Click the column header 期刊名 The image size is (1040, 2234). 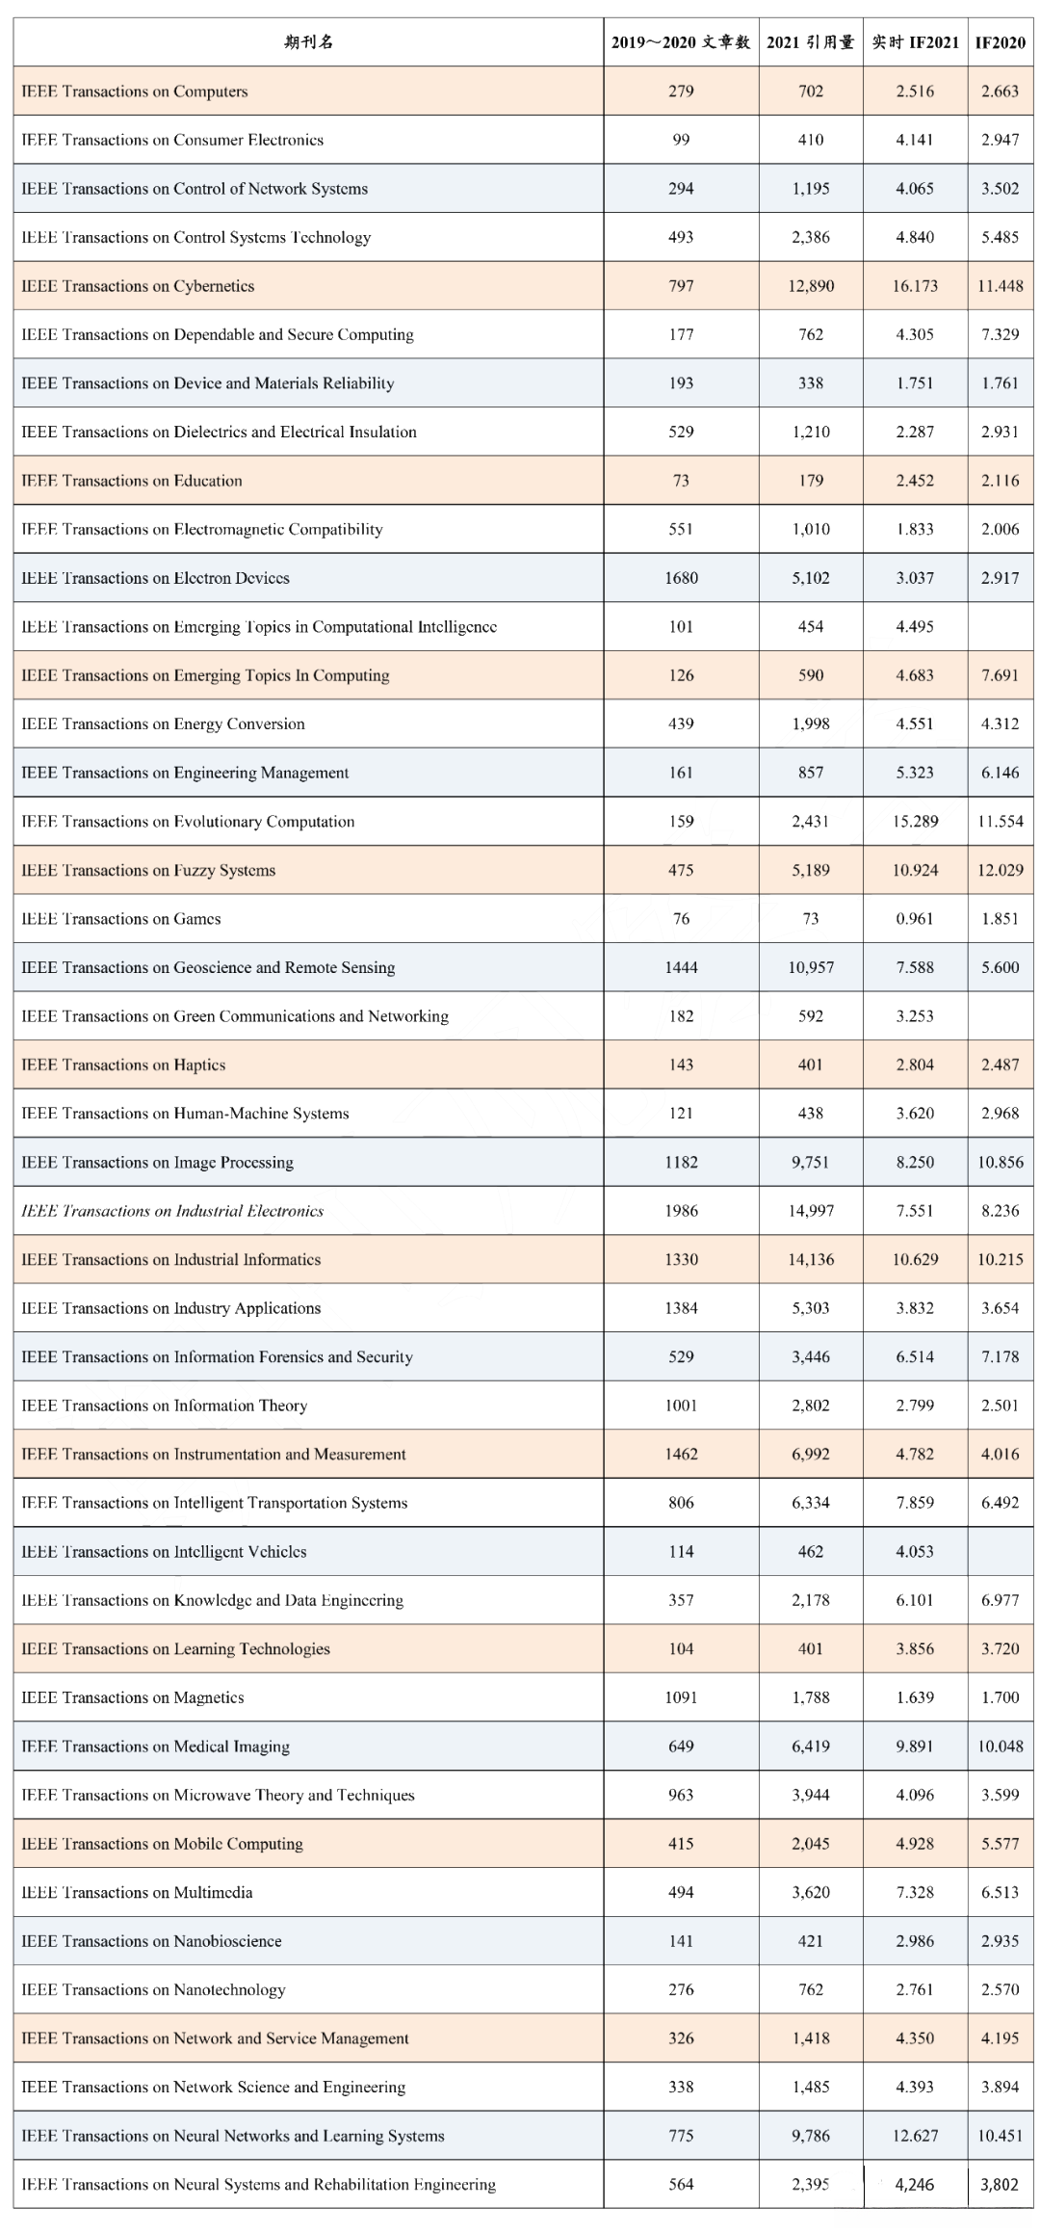[309, 42]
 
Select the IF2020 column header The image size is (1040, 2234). [1000, 42]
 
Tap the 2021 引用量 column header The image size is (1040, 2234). [810, 42]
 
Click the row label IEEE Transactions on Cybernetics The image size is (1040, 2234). [138, 286]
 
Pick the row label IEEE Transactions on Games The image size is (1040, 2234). [121, 919]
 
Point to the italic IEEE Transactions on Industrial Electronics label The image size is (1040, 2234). [172, 1211]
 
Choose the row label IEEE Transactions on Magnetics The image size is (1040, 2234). [133, 1697]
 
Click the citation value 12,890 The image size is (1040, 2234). [811, 286]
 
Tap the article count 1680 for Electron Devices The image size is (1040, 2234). [681, 578]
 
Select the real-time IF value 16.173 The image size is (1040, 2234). [914, 286]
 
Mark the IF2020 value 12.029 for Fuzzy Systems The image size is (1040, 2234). [1000, 870]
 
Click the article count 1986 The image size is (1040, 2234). [681, 1211]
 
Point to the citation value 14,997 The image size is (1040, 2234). [811, 1211]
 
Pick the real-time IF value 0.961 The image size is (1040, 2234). [914, 919]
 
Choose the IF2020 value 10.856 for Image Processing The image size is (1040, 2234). [1000, 1162]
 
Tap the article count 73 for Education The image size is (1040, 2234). [681, 481]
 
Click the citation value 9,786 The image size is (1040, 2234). [811, 2136]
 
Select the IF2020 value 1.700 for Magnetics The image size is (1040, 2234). [1000, 1697]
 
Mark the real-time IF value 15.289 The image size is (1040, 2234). [914, 822]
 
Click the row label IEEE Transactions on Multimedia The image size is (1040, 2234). [137, 1892]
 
